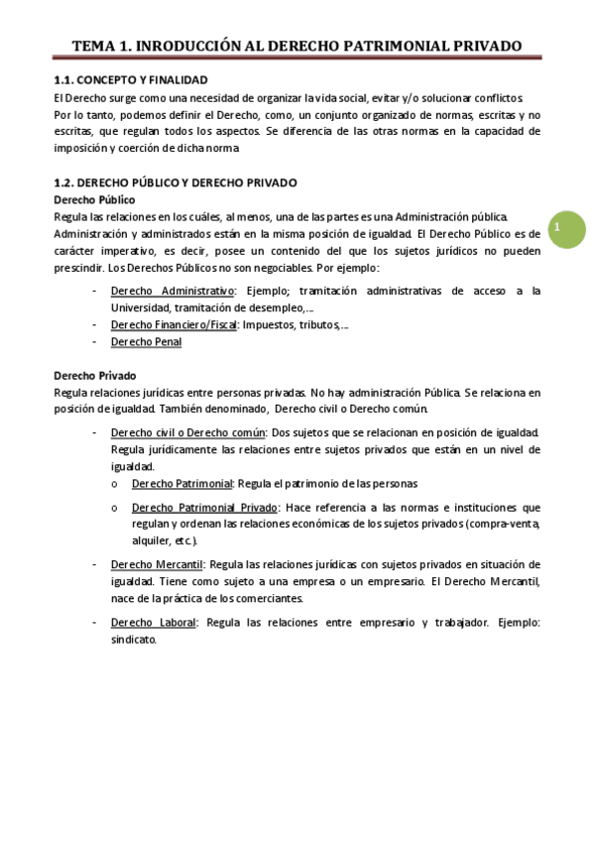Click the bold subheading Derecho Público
[x=95, y=199]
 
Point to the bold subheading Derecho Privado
[x=94, y=376]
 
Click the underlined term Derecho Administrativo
[x=172, y=291]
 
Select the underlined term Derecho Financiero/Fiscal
[x=174, y=324]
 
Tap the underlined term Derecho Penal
[x=146, y=341]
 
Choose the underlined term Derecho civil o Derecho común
[x=188, y=432]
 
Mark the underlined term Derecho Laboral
[x=154, y=622]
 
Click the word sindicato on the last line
[x=134, y=640]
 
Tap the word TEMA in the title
[x=98, y=46]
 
